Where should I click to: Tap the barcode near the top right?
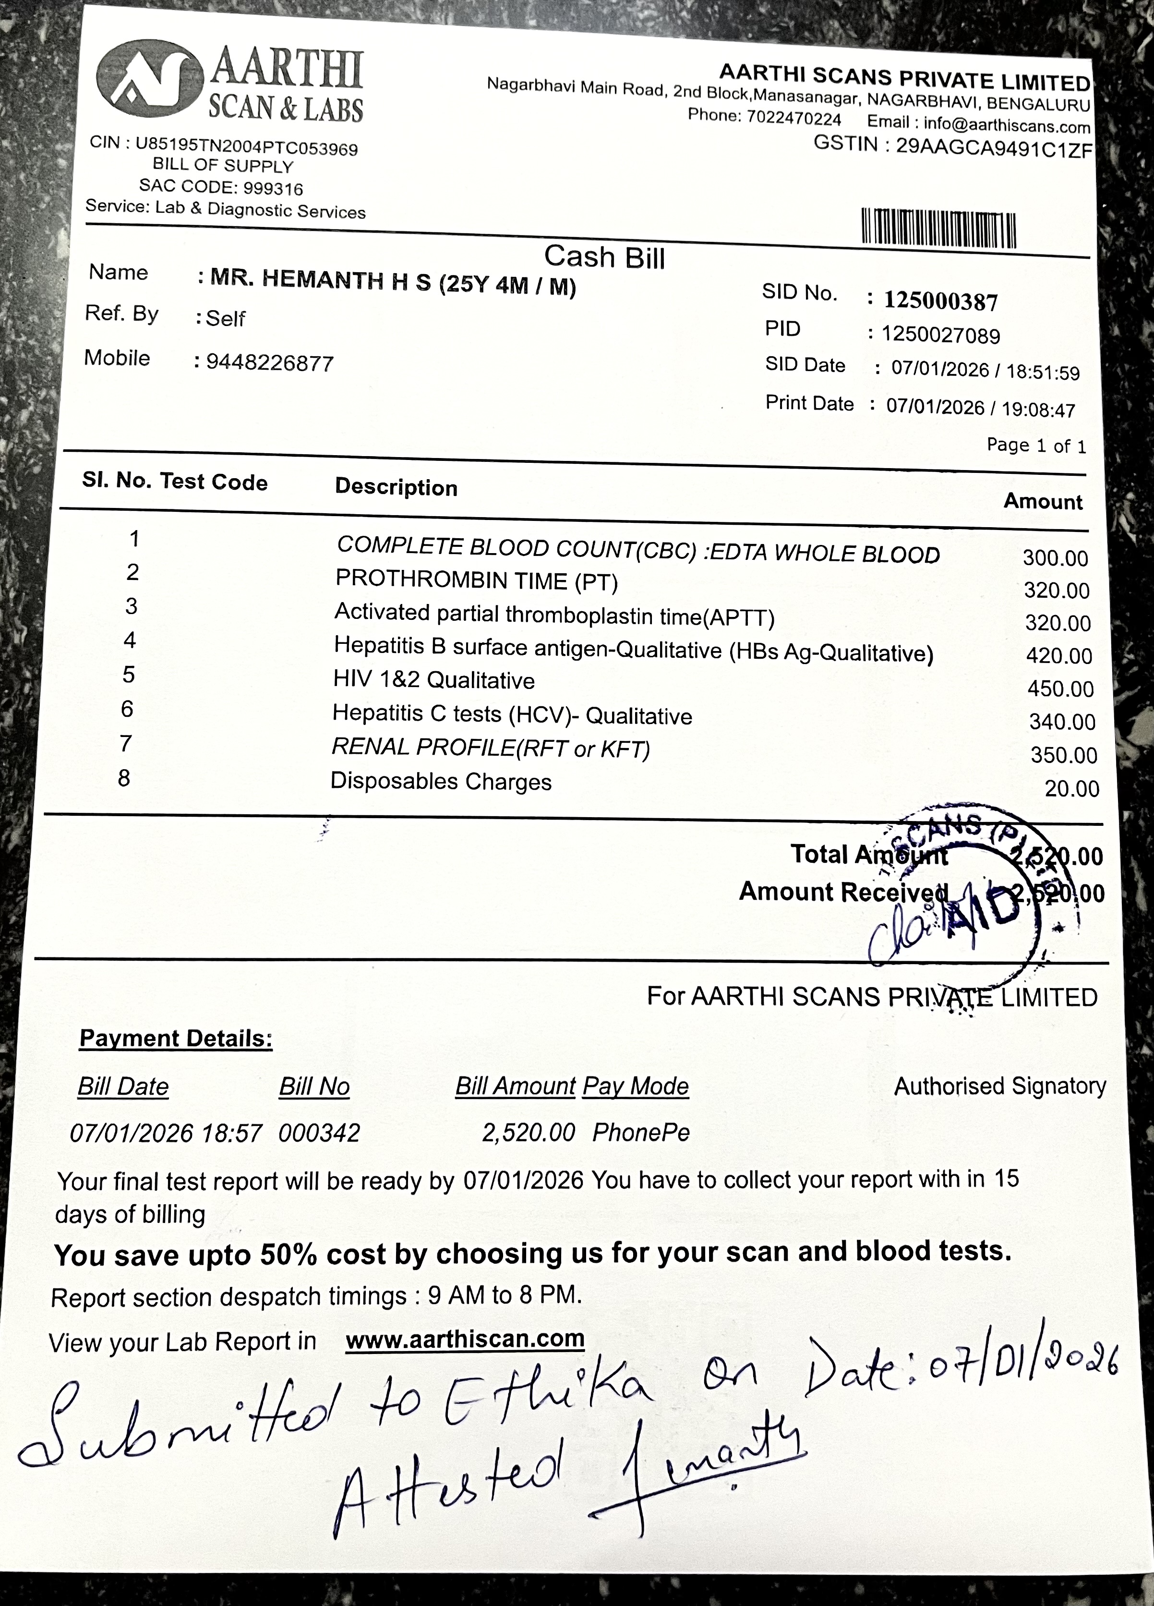(x=938, y=228)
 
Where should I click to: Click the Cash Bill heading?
(x=604, y=257)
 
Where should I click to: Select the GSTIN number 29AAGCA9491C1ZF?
(x=994, y=146)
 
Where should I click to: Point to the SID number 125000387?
(x=941, y=301)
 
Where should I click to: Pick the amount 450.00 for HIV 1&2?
(x=1060, y=688)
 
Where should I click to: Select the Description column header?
(x=396, y=487)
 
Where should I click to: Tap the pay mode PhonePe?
(x=641, y=1132)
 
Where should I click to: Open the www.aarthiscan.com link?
(x=465, y=1339)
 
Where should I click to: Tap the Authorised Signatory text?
(x=999, y=1086)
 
